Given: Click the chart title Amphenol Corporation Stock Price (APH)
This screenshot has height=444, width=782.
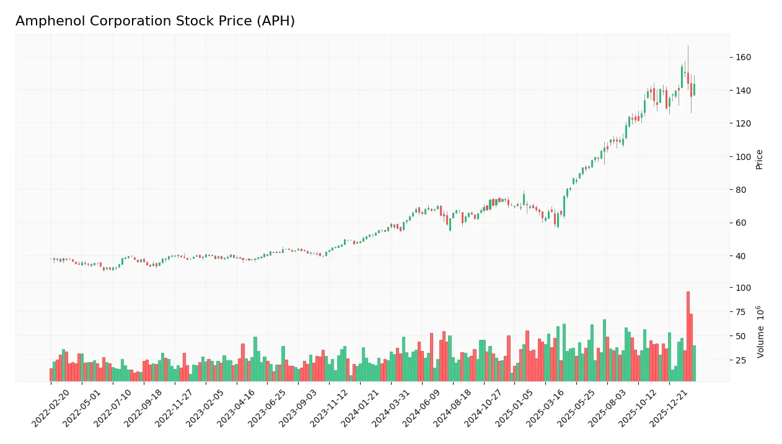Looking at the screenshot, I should click(155, 21).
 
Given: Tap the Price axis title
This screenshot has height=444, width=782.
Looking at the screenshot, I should click(759, 159).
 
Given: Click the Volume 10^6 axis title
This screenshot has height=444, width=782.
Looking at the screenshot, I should click(760, 331).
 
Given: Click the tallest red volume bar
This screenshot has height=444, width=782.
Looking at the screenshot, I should click(688, 336).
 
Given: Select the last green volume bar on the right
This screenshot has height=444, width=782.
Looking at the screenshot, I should click(694, 363).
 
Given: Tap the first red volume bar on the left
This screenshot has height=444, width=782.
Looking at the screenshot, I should click(51, 375).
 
